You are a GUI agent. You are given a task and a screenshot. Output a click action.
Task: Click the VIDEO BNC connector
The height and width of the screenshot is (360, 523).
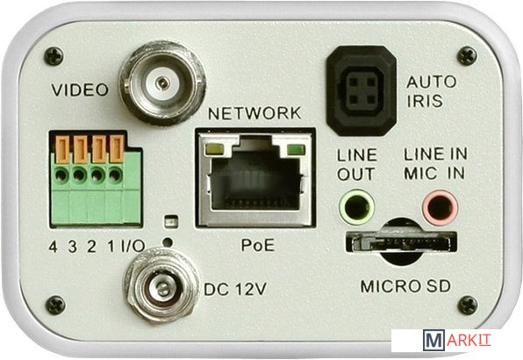coord(162,83)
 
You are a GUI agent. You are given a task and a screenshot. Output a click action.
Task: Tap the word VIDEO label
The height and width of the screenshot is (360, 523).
coord(80,90)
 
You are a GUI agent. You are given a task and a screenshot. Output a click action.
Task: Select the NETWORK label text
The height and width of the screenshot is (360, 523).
coord(254,113)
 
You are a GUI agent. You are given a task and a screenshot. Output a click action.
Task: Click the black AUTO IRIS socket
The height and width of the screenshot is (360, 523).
coord(362,90)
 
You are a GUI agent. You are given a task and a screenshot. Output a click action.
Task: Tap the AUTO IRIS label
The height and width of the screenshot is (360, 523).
coord(431,91)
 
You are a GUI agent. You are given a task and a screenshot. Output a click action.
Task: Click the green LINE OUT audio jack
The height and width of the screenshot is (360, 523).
coord(356,208)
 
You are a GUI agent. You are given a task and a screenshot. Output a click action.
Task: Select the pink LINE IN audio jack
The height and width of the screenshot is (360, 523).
coord(440,207)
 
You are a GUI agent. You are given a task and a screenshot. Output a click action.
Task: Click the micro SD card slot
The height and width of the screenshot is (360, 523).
coord(401,241)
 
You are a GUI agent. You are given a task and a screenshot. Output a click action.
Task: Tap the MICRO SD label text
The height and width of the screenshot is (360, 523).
coord(405,286)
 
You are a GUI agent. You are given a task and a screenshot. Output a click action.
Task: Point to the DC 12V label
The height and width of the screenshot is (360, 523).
coord(235,289)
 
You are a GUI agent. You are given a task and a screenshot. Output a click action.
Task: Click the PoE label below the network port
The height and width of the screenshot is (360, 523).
coord(258,246)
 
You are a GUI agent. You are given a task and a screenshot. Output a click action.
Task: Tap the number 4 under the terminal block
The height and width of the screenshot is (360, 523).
coord(53,247)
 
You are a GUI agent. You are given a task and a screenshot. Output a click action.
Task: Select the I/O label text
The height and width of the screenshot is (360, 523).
coord(133,246)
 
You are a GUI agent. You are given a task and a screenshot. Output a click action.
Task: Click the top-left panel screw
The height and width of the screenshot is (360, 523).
coord(54,56)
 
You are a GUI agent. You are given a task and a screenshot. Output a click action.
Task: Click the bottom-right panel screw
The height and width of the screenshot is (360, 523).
coord(468,306)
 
